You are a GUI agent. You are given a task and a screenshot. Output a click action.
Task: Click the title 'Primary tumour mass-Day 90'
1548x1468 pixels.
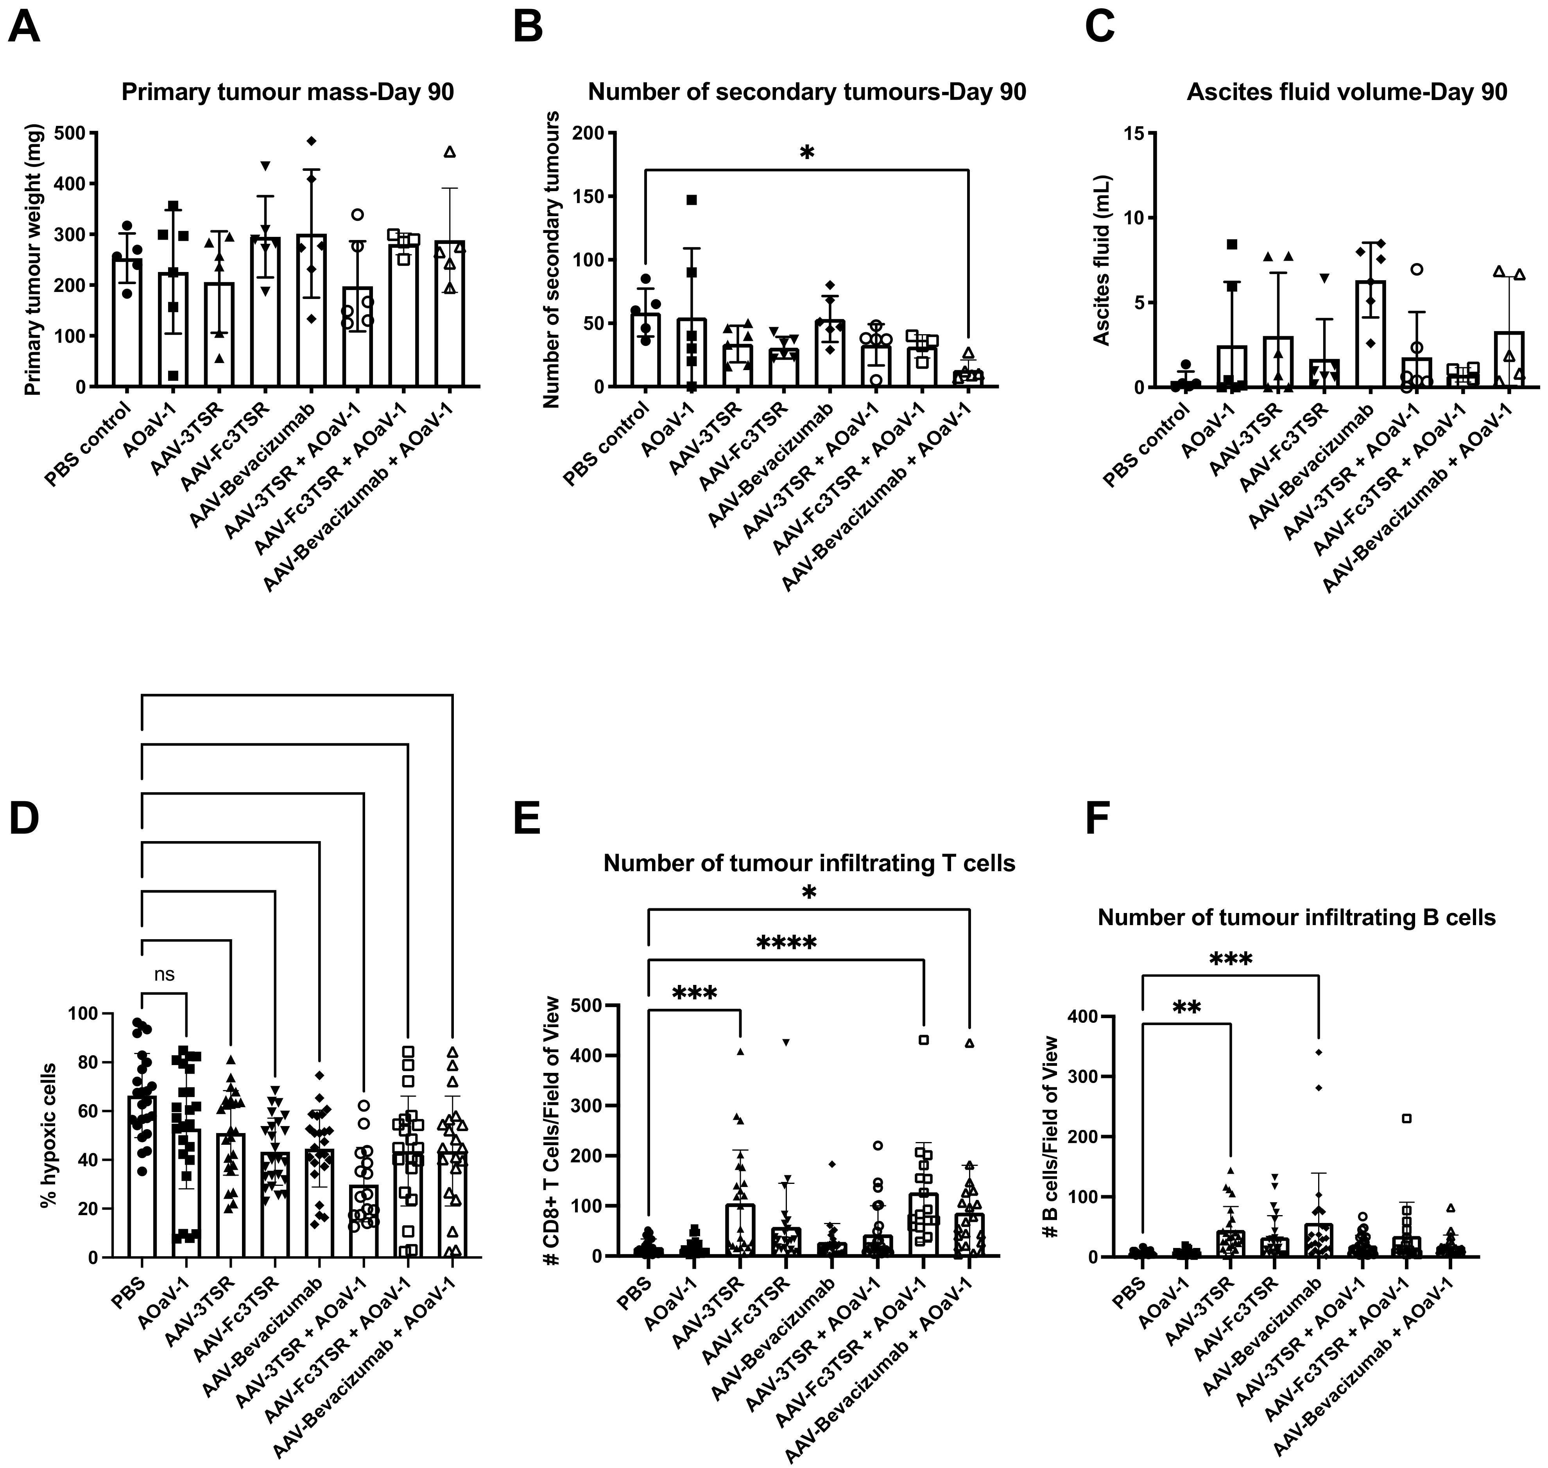point(287,92)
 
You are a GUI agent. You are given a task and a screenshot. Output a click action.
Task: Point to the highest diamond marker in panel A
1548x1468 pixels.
point(312,141)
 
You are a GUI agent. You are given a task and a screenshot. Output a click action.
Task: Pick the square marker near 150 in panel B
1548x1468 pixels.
point(692,200)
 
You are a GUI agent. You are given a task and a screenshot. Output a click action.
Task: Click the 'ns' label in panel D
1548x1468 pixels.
point(164,974)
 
